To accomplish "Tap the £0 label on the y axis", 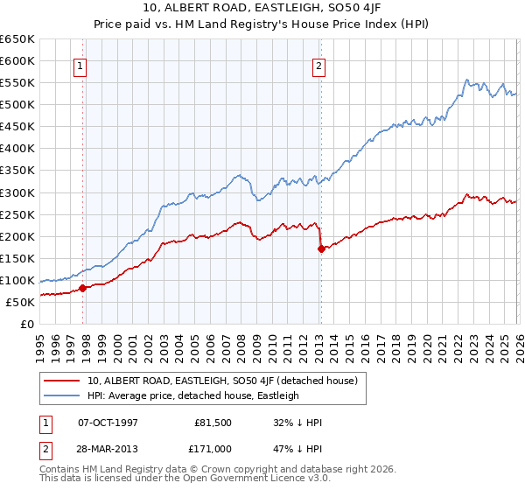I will click(x=27, y=325).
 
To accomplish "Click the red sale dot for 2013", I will click(x=321, y=248).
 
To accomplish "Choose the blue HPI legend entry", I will click(x=192, y=395).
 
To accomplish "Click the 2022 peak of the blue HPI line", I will click(x=469, y=80).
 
